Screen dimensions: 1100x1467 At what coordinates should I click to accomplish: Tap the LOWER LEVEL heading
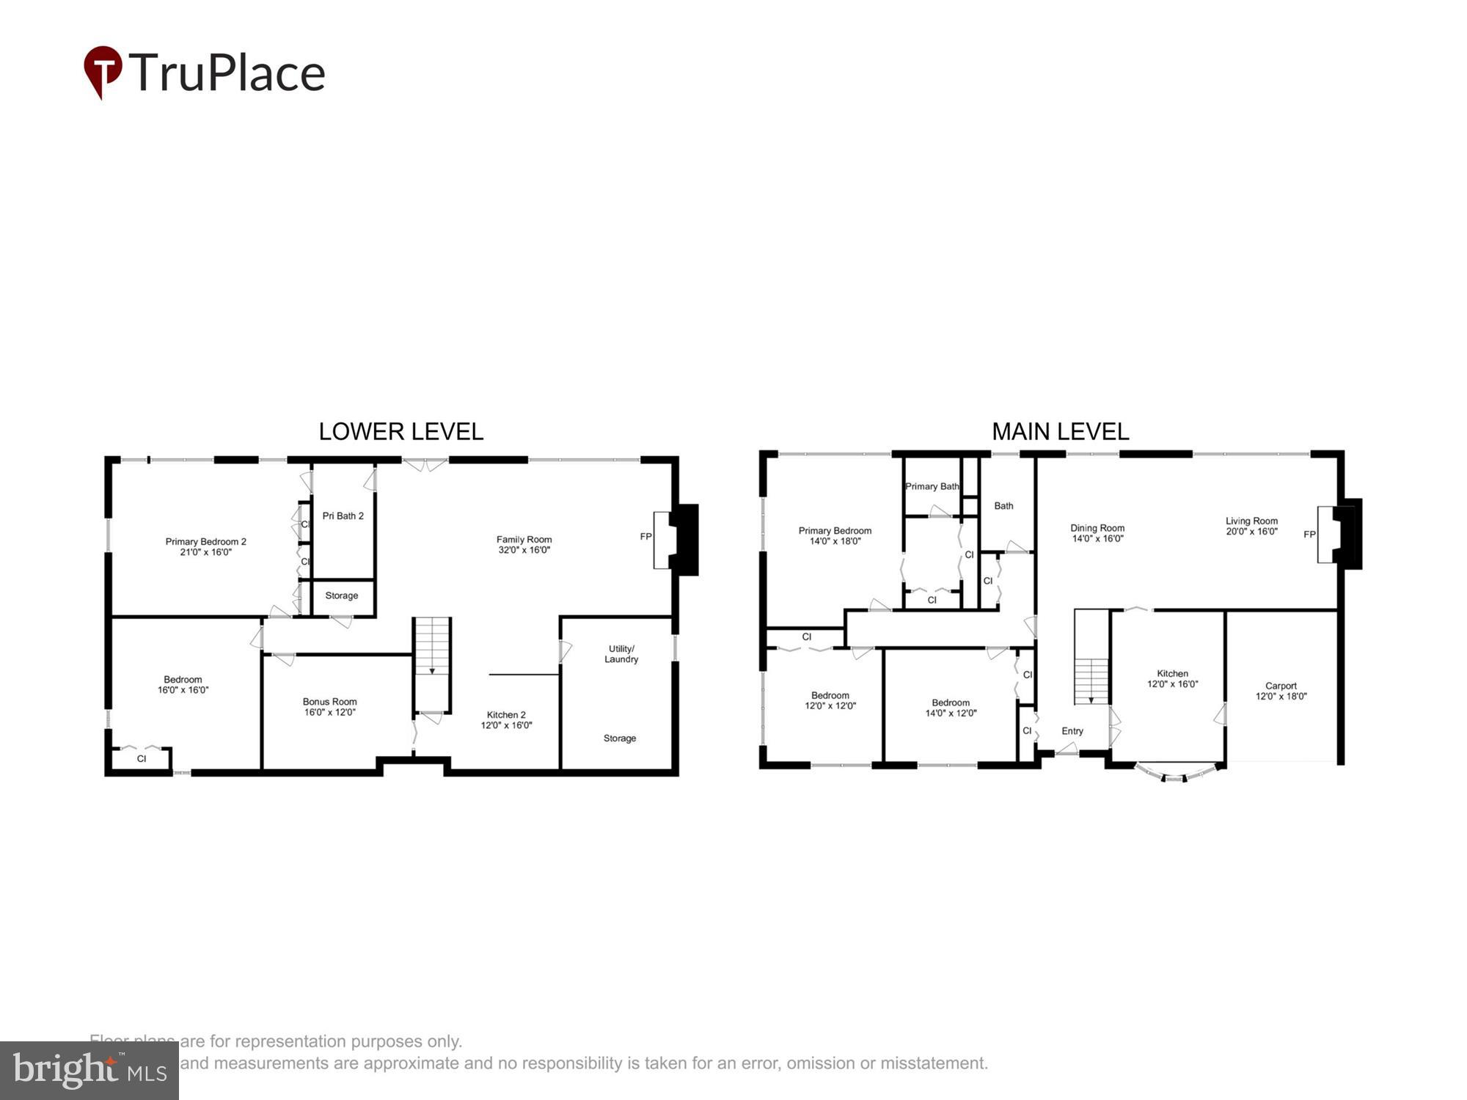[400, 431]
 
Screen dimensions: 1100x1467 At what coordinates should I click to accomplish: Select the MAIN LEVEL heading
[1060, 431]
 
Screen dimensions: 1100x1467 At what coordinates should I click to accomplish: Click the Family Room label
[524, 540]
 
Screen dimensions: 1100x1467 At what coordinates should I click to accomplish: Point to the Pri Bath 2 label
[343, 516]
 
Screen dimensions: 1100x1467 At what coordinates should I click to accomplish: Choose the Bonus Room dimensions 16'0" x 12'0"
[329, 712]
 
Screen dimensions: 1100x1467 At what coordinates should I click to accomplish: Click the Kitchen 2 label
[506, 715]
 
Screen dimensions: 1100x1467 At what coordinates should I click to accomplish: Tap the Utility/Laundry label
[621, 654]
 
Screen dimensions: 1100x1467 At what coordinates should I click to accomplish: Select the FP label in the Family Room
[645, 537]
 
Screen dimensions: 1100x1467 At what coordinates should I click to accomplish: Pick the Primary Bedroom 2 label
[205, 542]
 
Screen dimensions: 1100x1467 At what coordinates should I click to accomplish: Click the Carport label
[1281, 686]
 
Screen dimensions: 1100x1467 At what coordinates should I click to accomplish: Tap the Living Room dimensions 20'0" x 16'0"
[1251, 532]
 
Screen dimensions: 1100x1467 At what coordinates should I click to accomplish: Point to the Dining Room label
[1097, 528]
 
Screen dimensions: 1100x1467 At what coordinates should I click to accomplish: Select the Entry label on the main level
[1072, 731]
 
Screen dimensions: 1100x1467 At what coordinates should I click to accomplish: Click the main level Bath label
[1003, 506]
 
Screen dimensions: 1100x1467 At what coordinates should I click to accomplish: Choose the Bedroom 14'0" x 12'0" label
[951, 703]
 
